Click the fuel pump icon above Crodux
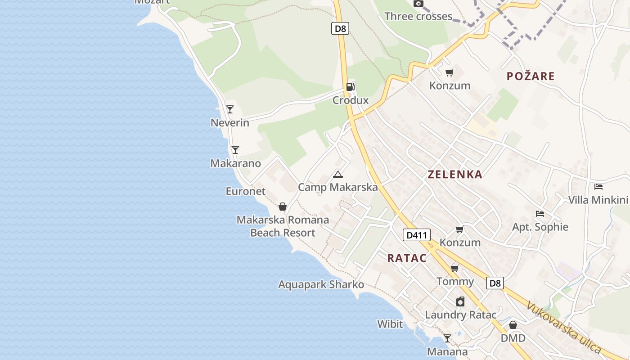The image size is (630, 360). click(350, 87)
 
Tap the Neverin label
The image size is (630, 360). click(230, 122)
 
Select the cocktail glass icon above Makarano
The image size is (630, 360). click(235, 149)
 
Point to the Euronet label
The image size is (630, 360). click(246, 191)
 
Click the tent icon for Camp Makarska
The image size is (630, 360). click(338, 174)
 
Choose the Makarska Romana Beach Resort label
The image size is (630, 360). click(283, 226)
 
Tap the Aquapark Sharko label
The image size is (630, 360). click(321, 284)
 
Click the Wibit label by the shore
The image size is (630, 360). click(390, 324)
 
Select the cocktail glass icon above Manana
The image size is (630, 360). click(447, 338)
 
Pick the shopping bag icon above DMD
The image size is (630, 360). click(513, 324)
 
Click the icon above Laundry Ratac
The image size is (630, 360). click(460, 301)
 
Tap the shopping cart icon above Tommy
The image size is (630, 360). click(455, 269)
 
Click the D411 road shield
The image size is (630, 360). click(416, 235)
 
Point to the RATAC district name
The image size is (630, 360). click(407, 258)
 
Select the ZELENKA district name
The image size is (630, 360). click(455, 175)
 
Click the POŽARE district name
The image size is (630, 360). click(531, 76)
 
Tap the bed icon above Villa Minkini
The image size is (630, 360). click(598, 186)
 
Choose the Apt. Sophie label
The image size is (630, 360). click(540, 227)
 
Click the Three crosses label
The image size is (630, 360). click(418, 17)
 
